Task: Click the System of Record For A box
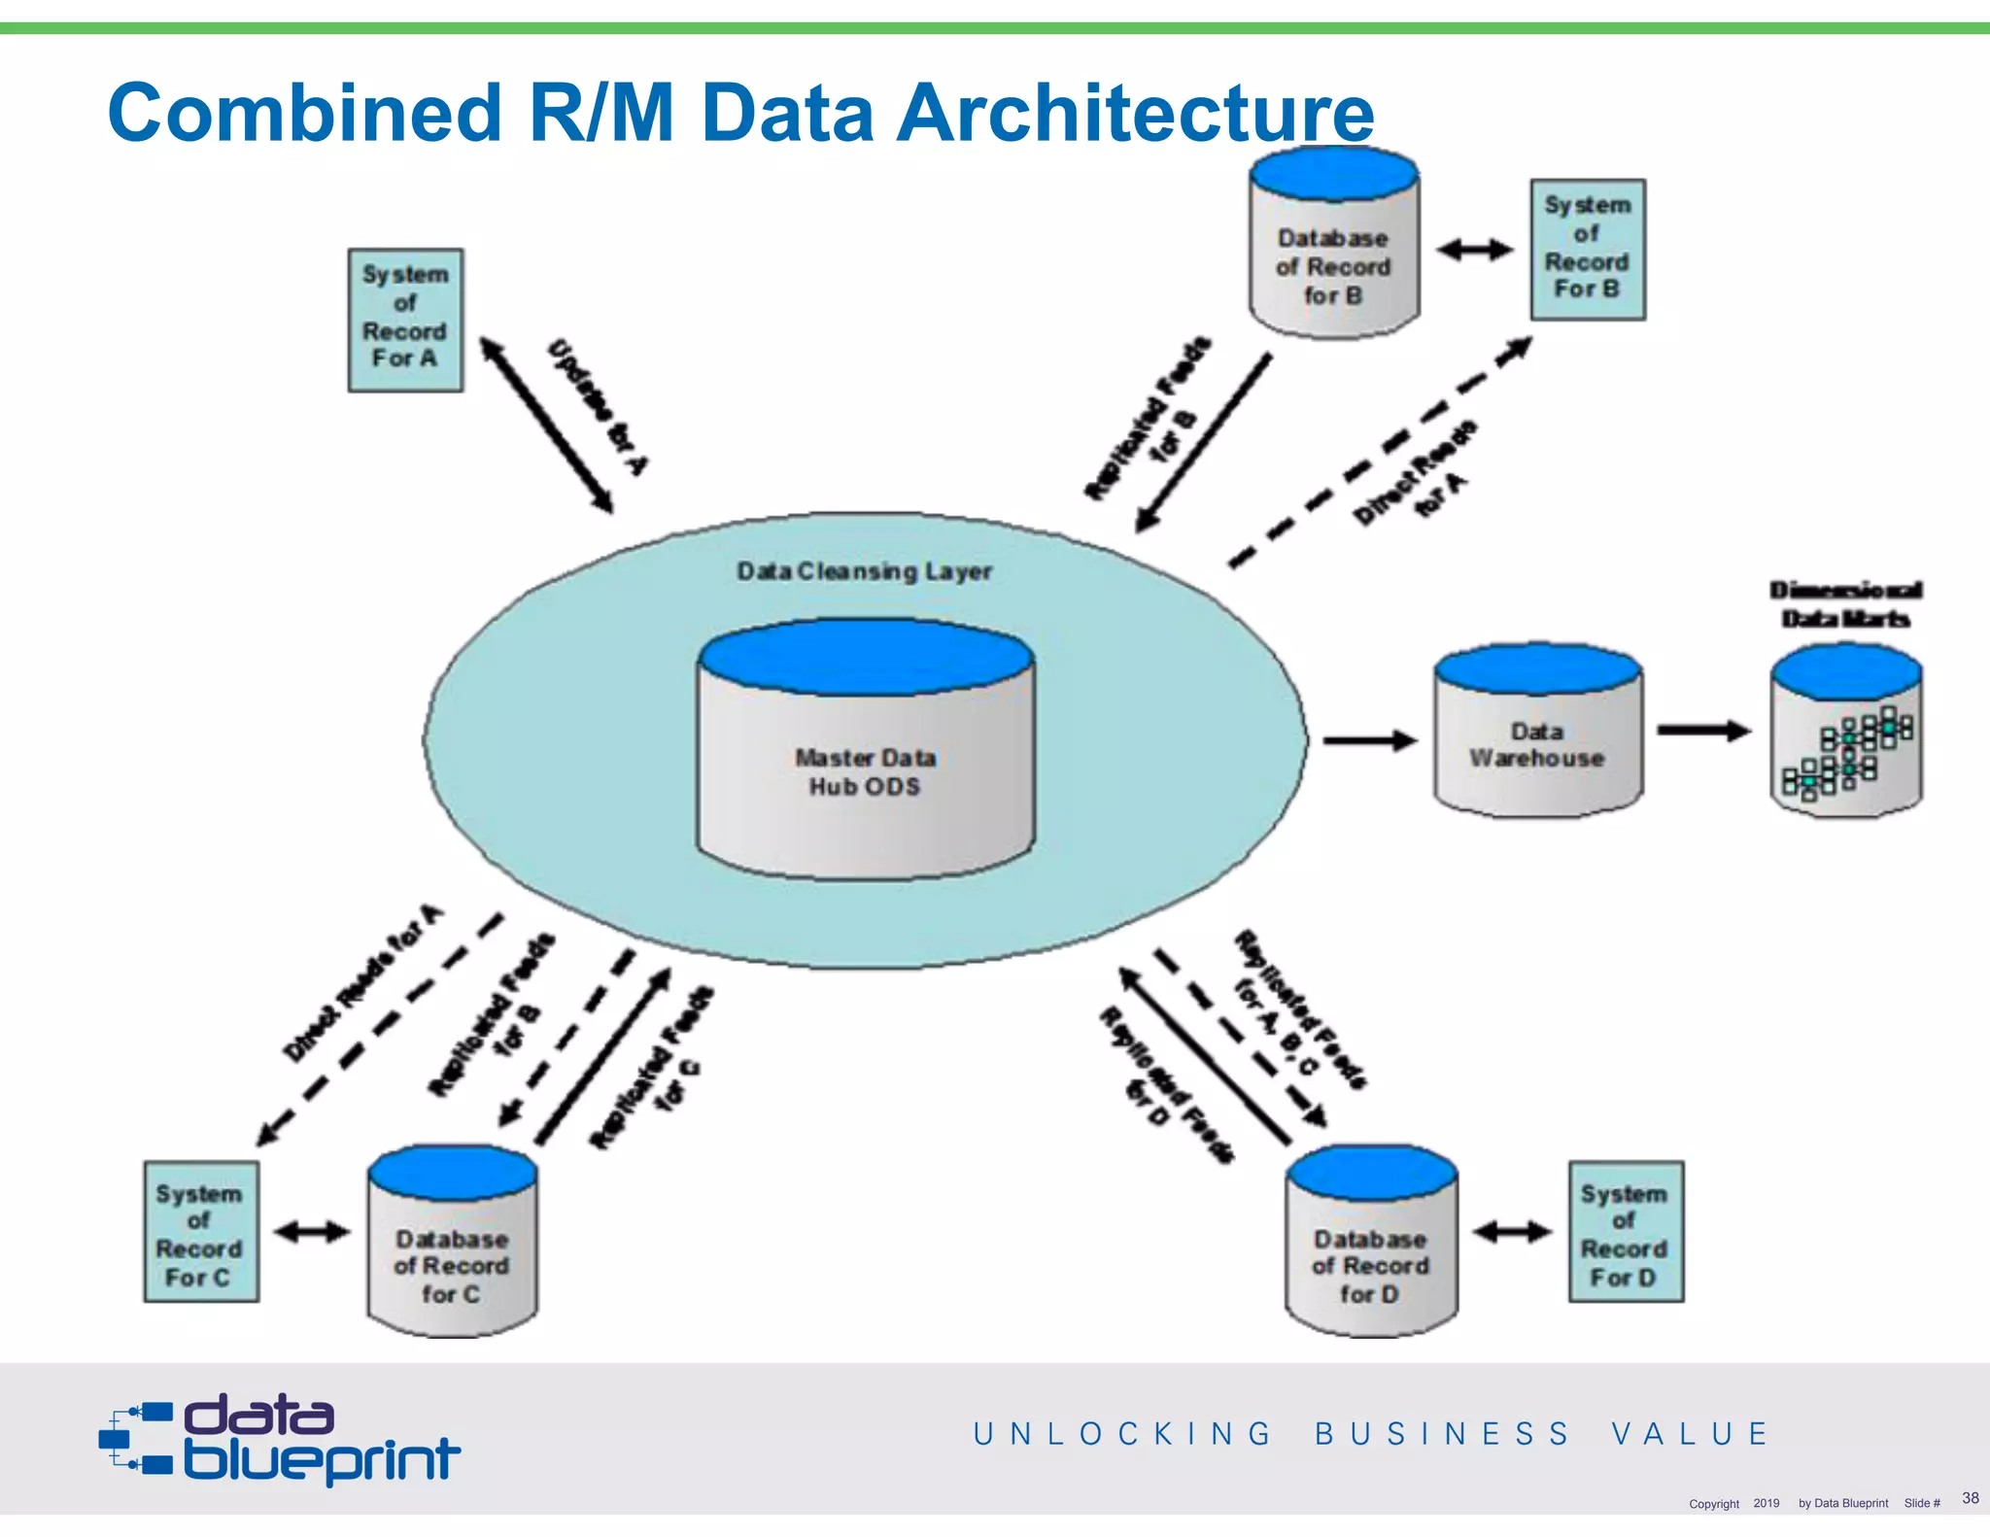[405, 320]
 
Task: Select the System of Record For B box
[1588, 250]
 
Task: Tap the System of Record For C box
[200, 1232]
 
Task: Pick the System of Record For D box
[1626, 1232]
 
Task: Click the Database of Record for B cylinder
[1333, 257]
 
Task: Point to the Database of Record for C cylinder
[452, 1253]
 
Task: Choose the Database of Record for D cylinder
[1370, 1253]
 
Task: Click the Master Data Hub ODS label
[865, 771]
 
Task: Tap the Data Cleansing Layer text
[864, 571]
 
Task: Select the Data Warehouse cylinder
[1537, 743]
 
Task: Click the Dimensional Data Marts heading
[1845, 604]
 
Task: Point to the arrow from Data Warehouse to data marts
[1702, 731]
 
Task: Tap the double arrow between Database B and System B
[1475, 250]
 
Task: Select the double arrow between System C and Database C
[312, 1232]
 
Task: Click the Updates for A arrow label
[597, 408]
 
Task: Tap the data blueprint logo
[280, 1440]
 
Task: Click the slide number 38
[1970, 1497]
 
